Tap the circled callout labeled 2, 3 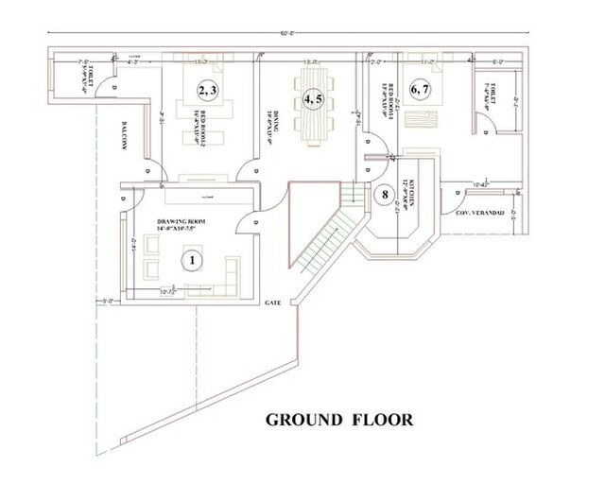[x=208, y=90]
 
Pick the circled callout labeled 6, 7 [x=420, y=90]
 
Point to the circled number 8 [x=383, y=196]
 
